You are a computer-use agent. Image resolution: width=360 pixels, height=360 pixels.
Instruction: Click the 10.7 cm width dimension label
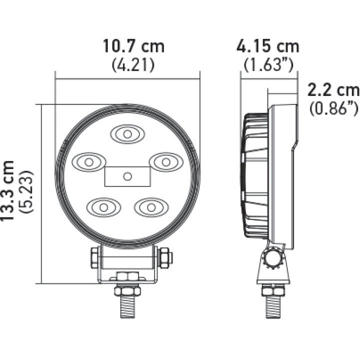coord(133,46)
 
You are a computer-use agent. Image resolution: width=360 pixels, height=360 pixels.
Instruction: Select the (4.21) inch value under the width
coord(133,64)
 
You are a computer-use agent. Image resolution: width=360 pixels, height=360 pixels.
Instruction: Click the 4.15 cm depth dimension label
coord(268,46)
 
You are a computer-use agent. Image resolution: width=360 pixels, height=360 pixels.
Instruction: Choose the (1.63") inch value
coord(268,64)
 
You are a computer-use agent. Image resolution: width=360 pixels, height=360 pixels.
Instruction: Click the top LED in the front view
coord(127,134)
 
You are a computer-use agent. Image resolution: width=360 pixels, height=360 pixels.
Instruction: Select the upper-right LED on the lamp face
coord(165,161)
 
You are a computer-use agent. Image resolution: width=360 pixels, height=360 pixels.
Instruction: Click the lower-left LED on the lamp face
coord(103,206)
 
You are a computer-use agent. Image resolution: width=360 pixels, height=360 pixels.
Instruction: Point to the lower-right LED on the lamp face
coord(151,206)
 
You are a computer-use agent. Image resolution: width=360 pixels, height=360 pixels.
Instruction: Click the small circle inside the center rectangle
coord(127,176)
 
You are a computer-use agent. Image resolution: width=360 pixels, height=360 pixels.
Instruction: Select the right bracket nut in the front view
coord(164,258)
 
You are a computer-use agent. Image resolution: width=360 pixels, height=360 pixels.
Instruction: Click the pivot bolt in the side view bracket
coord(273,259)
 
